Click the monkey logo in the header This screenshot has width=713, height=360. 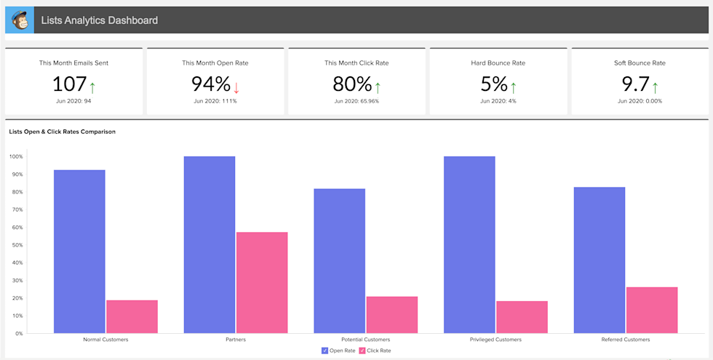point(19,20)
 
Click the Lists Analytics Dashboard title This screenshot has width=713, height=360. point(100,20)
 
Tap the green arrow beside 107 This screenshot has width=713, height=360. point(92,87)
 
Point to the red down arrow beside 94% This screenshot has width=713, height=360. point(236,87)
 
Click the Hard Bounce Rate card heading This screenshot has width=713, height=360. point(498,63)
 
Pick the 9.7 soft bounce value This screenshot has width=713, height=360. point(635,84)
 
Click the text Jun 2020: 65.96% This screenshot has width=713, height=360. point(356,101)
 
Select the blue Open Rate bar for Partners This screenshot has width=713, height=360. point(210,244)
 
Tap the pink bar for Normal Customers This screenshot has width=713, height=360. point(132,316)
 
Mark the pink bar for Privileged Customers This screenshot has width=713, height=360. point(522,317)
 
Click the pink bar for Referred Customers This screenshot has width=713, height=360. point(651,310)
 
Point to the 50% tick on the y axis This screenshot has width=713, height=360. point(16,245)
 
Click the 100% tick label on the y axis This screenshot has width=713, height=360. point(15,156)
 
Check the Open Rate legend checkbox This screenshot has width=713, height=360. point(324,351)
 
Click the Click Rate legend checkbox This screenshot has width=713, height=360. point(362,351)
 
